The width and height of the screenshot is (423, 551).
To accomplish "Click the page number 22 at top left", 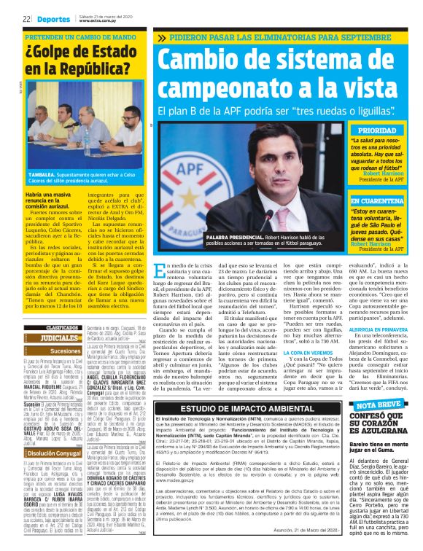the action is (26, 19).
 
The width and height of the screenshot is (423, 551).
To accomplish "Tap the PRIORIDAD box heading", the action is (376, 130).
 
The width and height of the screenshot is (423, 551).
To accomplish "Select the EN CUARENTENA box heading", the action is (376, 200).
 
